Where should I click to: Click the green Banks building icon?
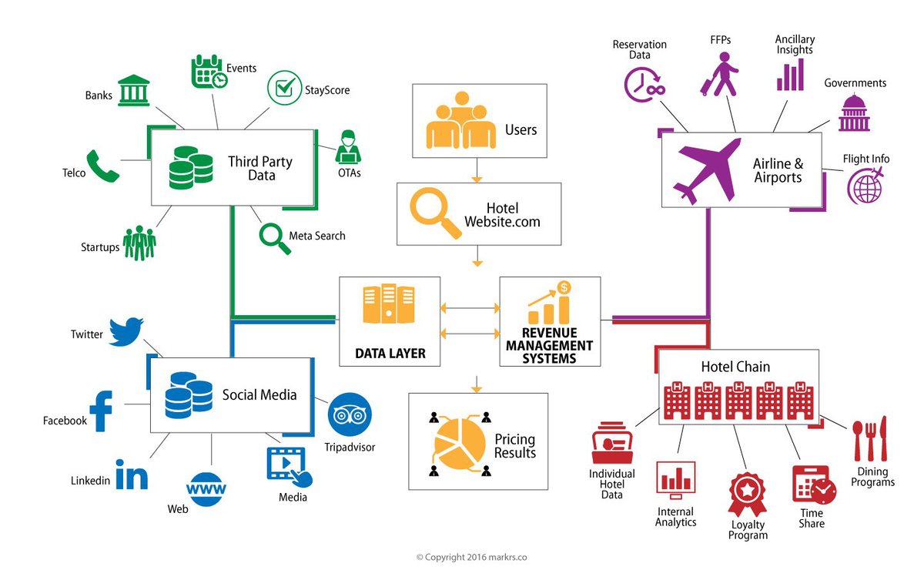click(x=134, y=91)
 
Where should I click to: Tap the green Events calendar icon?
click(x=209, y=72)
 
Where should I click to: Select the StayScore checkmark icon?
click(x=283, y=88)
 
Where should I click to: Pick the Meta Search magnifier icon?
click(x=273, y=236)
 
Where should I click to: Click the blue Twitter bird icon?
click(x=126, y=331)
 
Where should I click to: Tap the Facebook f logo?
click(x=102, y=411)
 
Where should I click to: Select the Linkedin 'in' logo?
click(x=131, y=474)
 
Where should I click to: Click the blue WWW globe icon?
click(x=206, y=489)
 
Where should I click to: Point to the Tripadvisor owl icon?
click(x=350, y=415)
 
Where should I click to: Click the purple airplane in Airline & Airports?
click(x=706, y=169)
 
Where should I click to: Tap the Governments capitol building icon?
click(x=854, y=113)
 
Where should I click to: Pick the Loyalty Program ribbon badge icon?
click(x=746, y=495)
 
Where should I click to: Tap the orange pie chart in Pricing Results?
click(x=460, y=443)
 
